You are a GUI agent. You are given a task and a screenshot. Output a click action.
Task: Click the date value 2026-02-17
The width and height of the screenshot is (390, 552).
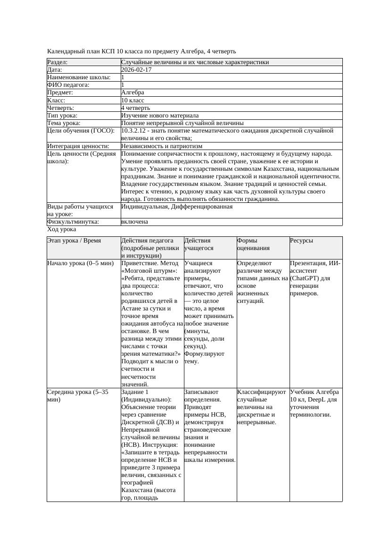pyautogui.click(x=136, y=69)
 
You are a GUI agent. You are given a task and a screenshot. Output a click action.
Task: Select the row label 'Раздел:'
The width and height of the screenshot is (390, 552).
pyautogui.click(x=58, y=62)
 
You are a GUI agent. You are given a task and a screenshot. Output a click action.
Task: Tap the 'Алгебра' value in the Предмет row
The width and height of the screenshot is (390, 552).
pyautogui.click(x=133, y=92)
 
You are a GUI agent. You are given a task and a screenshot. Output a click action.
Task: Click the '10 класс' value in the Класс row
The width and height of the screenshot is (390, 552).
pyautogui.click(x=133, y=100)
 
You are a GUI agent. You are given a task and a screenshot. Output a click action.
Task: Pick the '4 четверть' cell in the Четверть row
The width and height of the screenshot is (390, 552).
pyautogui.click(x=135, y=108)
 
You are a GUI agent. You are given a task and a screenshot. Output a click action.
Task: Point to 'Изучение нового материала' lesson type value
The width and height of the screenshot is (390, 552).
pyautogui.click(x=159, y=115)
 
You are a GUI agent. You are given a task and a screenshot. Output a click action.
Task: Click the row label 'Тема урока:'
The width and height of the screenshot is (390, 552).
pyautogui.click(x=64, y=123)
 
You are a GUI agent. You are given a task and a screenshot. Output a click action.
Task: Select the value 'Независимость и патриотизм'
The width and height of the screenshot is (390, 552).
pyautogui.click(x=161, y=146)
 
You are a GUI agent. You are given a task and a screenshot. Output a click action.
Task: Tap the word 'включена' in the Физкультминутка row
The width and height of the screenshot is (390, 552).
pyautogui.click(x=134, y=221)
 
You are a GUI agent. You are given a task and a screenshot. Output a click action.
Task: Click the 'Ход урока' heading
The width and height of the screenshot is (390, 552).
pyautogui.click(x=62, y=229)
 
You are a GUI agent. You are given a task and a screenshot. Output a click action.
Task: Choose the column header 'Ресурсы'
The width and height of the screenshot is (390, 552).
pyautogui.click(x=301, y=240)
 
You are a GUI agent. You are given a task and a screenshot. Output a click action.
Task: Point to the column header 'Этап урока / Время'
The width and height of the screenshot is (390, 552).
pyautogui.click(x=74, y=240)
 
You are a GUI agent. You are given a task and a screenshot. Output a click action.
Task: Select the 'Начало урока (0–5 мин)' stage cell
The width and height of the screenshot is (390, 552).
pyautogui.click(x=81, y=263)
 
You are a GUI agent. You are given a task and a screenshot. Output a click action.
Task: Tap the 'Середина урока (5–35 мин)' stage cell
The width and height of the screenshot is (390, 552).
pyautogui.click(x=78, y=395)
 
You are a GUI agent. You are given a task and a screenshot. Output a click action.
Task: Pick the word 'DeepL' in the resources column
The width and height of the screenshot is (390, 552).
pyautogui.click(x=322, y=399)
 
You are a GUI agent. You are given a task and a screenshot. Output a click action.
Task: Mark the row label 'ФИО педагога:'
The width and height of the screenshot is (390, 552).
pyautogui.click(x=68, y=85)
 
